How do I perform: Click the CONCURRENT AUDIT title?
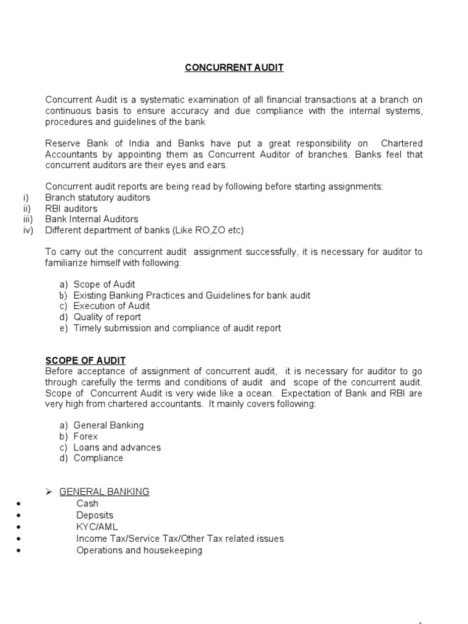(234, 68)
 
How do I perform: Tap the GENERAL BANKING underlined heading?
(104, 492)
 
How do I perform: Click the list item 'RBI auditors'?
(71, 208)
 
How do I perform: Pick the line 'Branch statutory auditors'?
(97, 197)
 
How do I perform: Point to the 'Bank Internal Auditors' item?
(91, 219)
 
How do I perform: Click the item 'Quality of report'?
(107, 317)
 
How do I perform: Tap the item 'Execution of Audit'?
(112, 306)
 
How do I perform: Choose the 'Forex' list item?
(85, 436)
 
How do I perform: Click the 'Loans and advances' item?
(117, 447)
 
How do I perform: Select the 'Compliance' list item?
(98, 458)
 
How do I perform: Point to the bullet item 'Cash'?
(87, 503)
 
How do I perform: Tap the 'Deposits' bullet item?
(94, 515)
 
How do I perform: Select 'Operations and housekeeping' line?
(139, 550)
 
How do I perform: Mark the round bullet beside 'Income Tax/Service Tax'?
(21, 539)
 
